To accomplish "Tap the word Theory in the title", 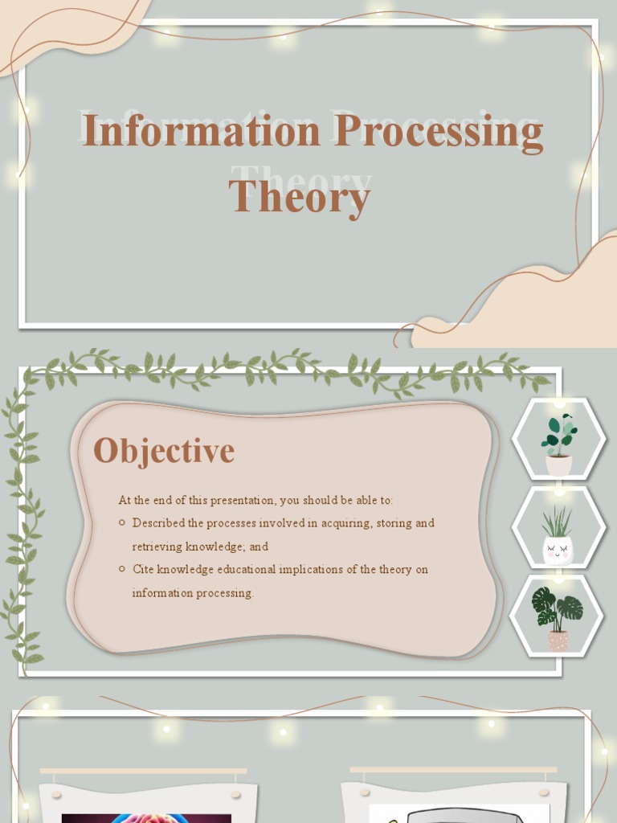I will (x=300, y=195).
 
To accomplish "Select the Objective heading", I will (x=164, y=451).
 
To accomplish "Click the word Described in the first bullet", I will (x=158, y=523).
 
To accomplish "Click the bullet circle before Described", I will (x=121, y=522).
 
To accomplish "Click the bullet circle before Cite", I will (x=121, y=569).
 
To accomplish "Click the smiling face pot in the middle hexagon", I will (x=558, y=551).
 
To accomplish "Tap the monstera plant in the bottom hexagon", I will (x=557, y=608).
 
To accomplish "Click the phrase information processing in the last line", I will (x=193, y=593).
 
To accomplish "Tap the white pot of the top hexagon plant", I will (x=559, y=465).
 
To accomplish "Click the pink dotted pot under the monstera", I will (x=558, y=640).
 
